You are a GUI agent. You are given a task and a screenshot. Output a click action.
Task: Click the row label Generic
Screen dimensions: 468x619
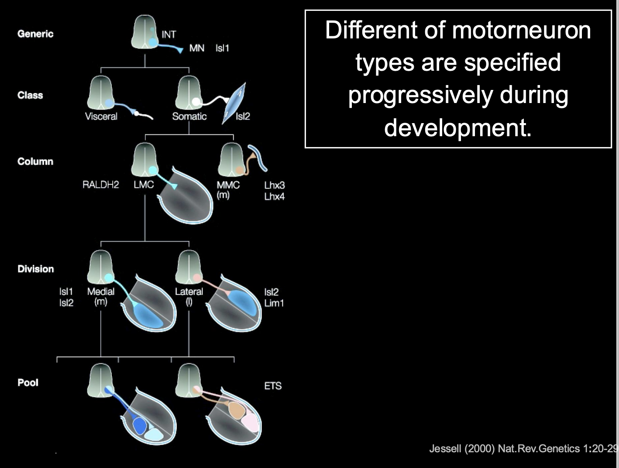tap(35, 34)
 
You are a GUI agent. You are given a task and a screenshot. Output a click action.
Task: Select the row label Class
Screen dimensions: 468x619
tap(30, 95)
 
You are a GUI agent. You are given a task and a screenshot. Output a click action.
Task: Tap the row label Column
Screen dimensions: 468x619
tap(35, 162)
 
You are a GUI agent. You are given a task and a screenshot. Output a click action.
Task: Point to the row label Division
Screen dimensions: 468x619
tap(36, 269)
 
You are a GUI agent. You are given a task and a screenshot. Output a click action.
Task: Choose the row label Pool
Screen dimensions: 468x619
tap(28, 383)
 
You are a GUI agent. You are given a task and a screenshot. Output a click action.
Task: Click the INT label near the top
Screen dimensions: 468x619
tap(169, 34)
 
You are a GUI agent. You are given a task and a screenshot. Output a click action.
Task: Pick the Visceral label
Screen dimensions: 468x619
tap(101, 117)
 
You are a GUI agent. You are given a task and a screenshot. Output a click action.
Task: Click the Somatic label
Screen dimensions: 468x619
tap(189, 117)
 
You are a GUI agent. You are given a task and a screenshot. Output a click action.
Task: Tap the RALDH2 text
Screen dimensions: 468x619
tap(100, 185)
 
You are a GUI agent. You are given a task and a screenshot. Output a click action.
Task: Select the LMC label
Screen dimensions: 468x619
tap(144, 185)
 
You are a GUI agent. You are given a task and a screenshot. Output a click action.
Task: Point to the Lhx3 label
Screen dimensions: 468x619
tap(274, 186)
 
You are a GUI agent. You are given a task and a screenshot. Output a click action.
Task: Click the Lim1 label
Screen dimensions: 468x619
tap(274, 303)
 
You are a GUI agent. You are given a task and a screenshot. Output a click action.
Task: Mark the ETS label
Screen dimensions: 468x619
tap(273, 386)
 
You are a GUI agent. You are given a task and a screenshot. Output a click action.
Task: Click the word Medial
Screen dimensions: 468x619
tap(101, 292)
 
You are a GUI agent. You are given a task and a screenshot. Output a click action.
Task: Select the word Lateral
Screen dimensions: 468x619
tap(189, 292)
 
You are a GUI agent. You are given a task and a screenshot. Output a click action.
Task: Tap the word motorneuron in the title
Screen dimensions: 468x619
tap(521, 31)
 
